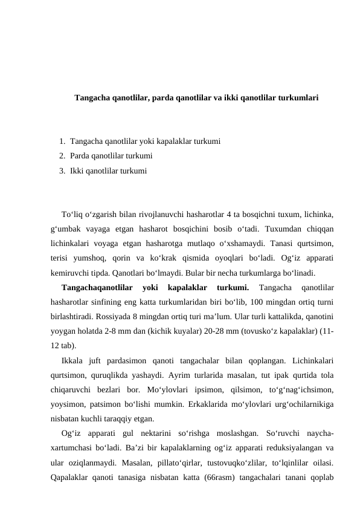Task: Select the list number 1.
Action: click(x=62, y=141)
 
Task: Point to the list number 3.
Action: click(x=62, y=171)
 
